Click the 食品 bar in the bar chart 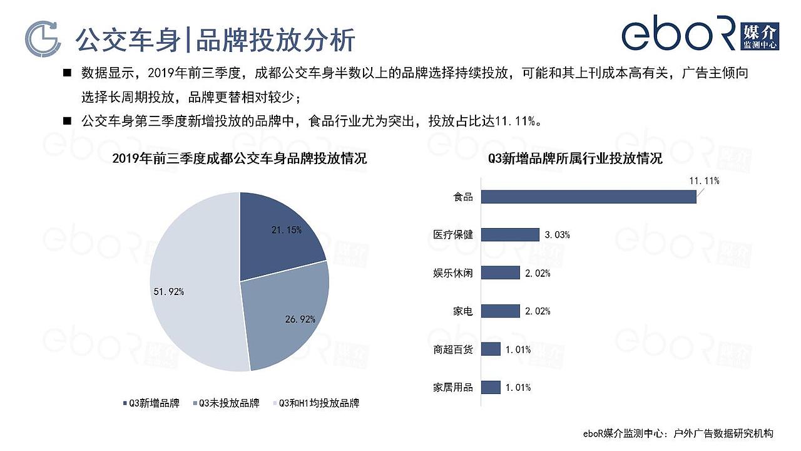click(589, 197)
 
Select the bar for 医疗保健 click(511, 235)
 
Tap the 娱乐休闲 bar click(501, 273)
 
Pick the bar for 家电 click(501, 311)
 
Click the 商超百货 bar click(492, 350)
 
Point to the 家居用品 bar click(492, 387)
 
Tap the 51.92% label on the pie click(169, 292)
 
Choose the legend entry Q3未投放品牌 click(226, 403)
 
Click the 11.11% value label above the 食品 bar click(704, 181)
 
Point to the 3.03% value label click(557, 235)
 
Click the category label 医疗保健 click(454, 235)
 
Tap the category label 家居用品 click(454, 387)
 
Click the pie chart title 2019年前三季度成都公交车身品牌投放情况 click(240, 158)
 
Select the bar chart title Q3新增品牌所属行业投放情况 click(575, 158)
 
